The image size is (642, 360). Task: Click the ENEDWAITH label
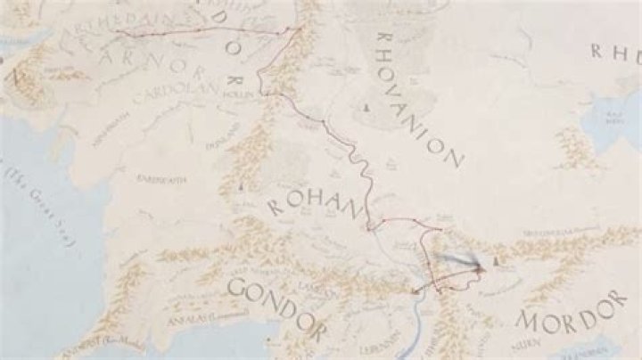click(x=161, y=179)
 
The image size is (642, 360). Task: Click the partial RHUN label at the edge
click(x=615, y=52)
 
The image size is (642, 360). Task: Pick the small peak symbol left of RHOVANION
click(x=365, y=108)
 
